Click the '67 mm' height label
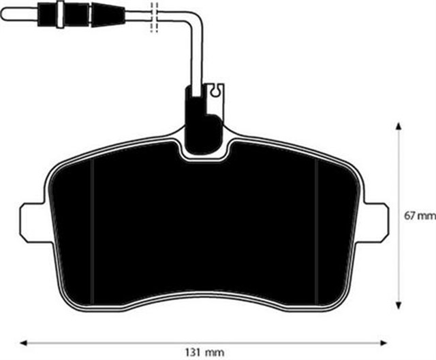[418, 216]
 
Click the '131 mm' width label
[204, 352]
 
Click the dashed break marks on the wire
[154, 16]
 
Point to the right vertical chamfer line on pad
[318, 225]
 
